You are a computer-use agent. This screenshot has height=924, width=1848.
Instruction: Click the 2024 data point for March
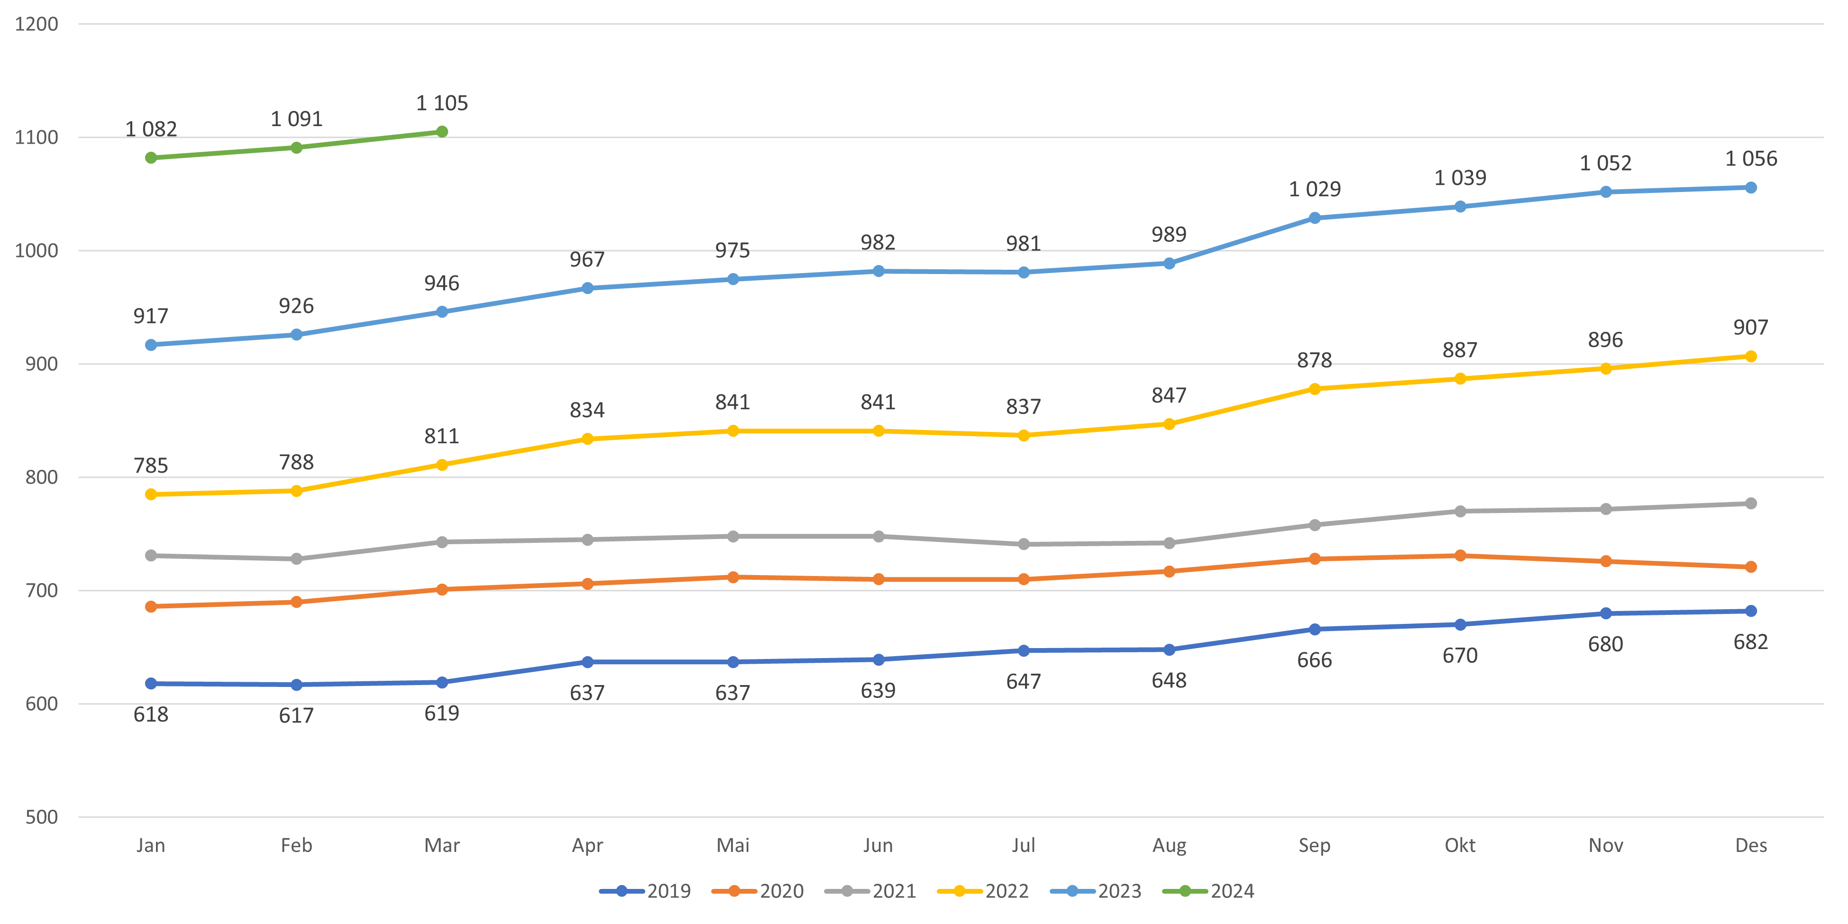(x=442, y=131)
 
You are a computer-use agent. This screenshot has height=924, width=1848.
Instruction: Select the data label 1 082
(x=151, y=129)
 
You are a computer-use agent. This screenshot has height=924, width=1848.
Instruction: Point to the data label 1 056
(x=1750, y=158)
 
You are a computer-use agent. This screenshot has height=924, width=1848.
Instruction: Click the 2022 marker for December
(x=1750, y=357)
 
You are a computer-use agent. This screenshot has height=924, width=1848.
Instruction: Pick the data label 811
(x=441, y=436)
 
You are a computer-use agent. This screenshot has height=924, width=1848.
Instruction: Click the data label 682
(x=1750, y=642)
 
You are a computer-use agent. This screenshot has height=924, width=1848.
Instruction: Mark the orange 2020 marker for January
(x=151, y=607)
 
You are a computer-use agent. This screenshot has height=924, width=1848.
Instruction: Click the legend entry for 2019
(x=646, y=891)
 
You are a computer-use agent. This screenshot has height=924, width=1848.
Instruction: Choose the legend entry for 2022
(x=984, y=891)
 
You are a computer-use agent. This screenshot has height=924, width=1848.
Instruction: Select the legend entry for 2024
(x=1209, y=891)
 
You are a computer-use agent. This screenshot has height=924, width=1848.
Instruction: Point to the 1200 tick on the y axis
(x=37, y=24)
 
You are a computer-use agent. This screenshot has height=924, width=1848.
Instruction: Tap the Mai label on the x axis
(x=732, y=846)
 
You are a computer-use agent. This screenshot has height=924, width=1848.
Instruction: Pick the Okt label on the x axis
(x=1460, y=846)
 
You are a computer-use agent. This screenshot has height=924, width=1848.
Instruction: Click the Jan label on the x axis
(x=151, y=846)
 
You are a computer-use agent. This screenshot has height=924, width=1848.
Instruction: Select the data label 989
(x=1169, y=235)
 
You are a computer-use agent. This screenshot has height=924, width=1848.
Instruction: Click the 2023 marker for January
(x=151, y=345)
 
